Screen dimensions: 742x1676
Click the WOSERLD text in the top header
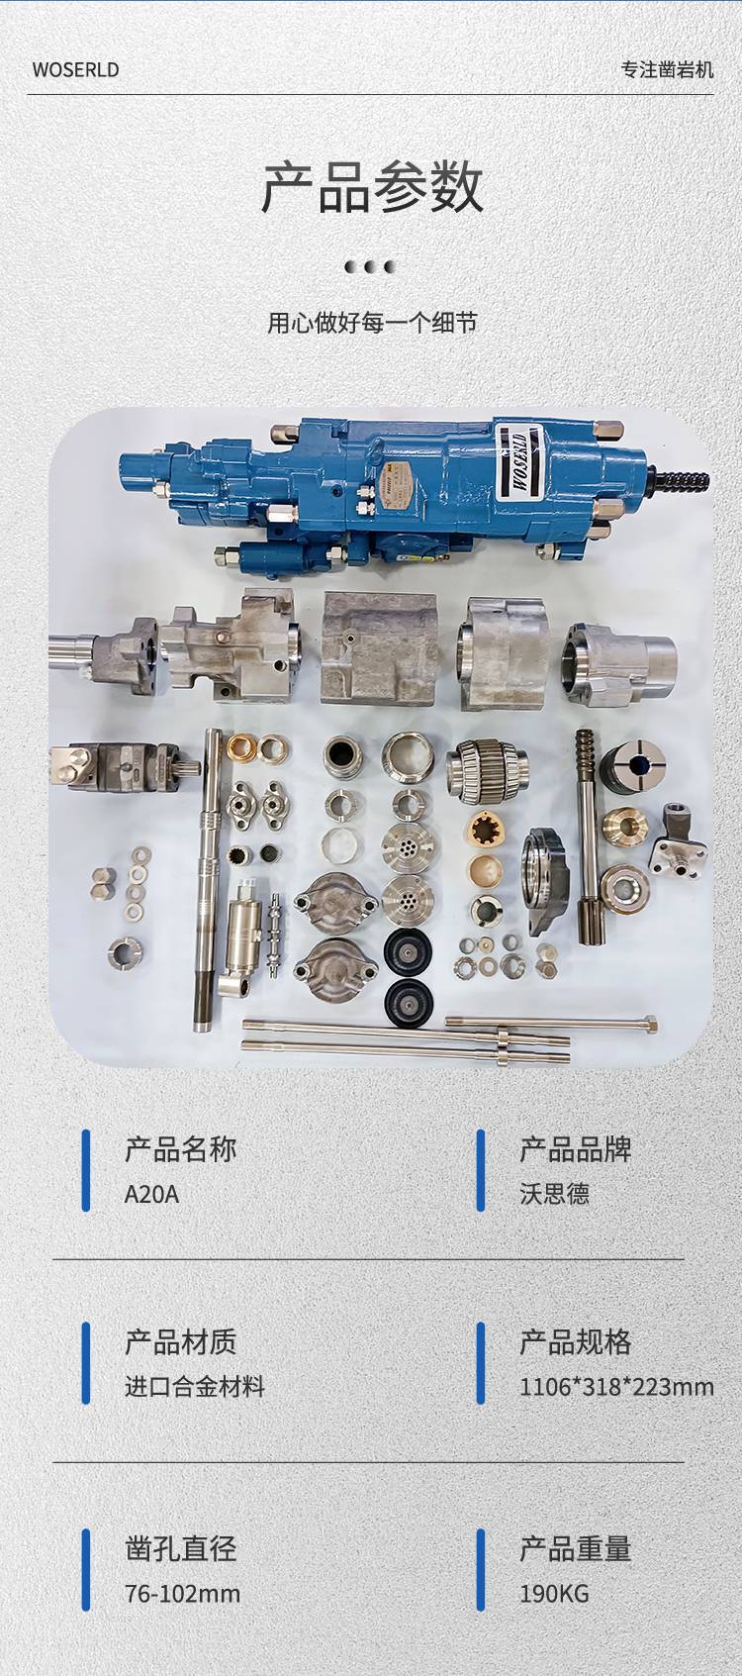[75, 70]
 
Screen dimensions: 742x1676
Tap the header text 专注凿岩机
[667, 70]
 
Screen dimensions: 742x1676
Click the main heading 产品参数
[372, 188]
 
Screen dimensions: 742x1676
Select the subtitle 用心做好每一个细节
[372, 323]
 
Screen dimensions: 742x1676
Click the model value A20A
[151, 1194]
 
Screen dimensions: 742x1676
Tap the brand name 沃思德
[554, 1194]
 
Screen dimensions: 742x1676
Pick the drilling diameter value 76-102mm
[182, 1594]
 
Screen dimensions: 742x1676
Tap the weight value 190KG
[554, 1594]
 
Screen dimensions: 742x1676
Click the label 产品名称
[180, 1149]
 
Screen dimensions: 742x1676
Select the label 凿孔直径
[180, 1549]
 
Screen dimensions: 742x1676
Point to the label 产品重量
[575, 1549]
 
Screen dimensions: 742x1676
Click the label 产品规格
[575, 1342]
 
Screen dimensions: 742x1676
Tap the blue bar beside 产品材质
[86, 1363]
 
